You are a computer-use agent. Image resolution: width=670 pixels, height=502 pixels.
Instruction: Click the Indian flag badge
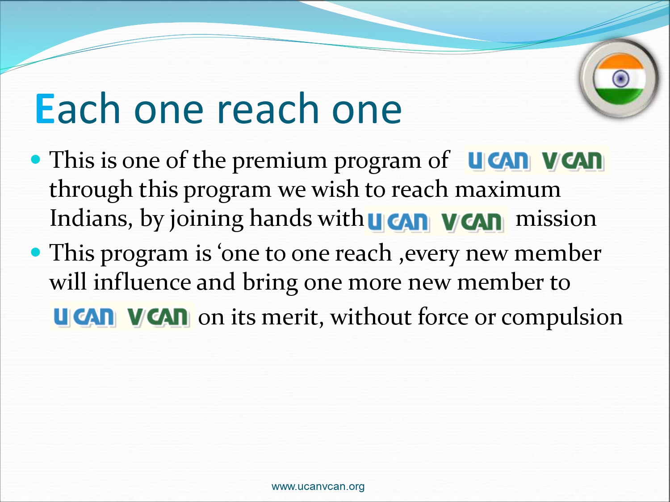(620, 79)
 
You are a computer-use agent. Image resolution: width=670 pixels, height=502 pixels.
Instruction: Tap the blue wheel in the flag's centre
(620, 79)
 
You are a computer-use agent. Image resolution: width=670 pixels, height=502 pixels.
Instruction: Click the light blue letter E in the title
(45, 109)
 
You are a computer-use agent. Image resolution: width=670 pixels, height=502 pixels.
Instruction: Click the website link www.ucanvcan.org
(318, 486)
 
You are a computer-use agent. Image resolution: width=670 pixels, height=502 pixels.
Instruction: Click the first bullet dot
(36, 159)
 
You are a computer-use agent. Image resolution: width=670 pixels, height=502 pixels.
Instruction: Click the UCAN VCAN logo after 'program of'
(536, 160)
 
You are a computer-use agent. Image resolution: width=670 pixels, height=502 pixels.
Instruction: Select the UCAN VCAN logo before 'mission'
(436, 220)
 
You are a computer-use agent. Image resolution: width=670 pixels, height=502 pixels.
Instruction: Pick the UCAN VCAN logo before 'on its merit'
(122, 316)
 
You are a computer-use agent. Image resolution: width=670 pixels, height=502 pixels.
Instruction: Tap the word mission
(556, 219)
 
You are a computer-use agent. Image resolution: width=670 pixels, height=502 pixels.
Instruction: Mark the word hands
(281, 218)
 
